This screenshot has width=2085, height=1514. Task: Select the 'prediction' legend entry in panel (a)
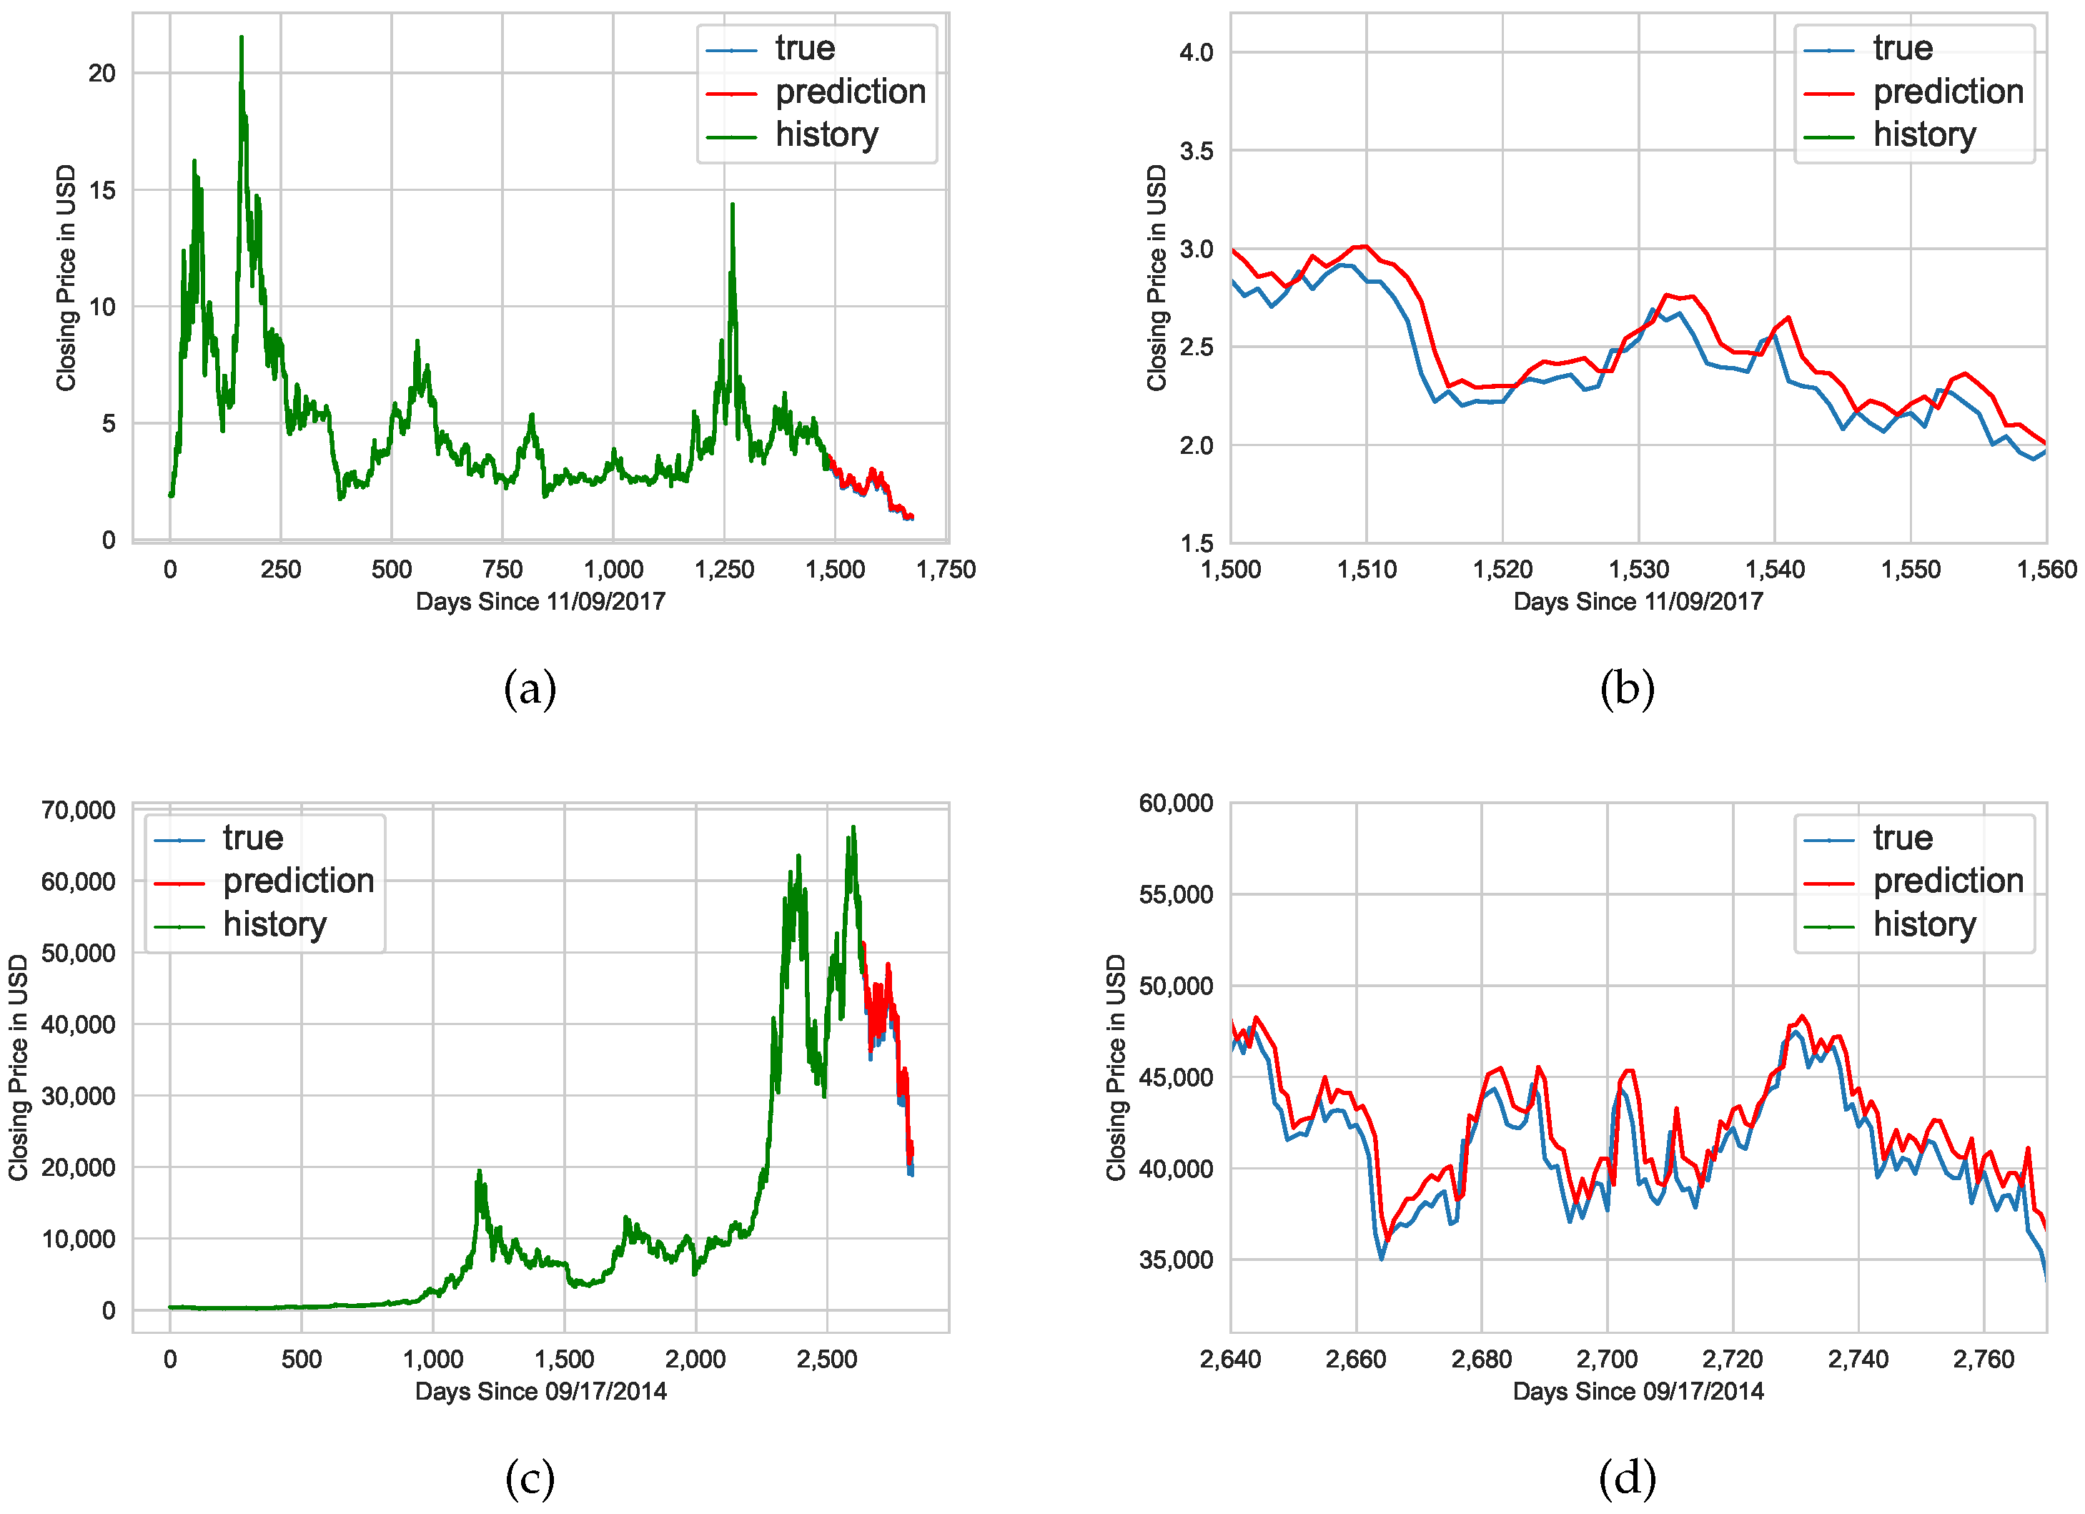click(x=849, y=92)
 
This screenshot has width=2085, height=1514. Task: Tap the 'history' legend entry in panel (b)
click(x=1924, y=135)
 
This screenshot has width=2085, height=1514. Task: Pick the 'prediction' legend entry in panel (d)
click(x=1948, y=881)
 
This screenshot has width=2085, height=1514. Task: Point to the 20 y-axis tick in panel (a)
click(x=102, y=74)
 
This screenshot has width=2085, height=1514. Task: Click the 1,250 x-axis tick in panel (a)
click(x=724, y=570)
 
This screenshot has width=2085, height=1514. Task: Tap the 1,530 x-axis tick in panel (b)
click(x=1638, y=570)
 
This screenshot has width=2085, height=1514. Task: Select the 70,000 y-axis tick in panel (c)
click(x=78, y=811)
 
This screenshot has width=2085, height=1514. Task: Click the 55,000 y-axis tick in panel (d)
click(x=1176, y=894)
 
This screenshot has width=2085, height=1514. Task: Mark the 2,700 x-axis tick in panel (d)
click(x=1607, y=1360)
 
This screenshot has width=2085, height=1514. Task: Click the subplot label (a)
click(x=530, y=688)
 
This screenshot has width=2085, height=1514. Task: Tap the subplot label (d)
click(x=1627, y=1478)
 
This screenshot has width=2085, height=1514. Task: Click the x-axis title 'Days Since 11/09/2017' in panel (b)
click(x=1638, y=602)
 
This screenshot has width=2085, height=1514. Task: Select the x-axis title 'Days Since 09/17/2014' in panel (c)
click(x=540, y=1392)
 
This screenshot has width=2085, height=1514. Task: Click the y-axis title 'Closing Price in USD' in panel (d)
click(x=1116, y=1067)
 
